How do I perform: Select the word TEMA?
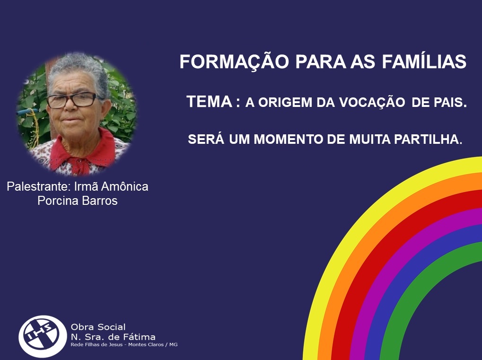point(210,101)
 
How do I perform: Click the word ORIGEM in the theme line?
point(285,103)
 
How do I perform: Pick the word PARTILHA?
point(428,139)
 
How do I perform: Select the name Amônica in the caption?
point(124,186)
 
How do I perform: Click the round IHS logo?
point(43,336)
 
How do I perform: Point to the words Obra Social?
point(98,327)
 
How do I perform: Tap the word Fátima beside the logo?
point(139,337)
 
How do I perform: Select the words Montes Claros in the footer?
point(146,345)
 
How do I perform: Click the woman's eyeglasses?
point(72,100)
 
